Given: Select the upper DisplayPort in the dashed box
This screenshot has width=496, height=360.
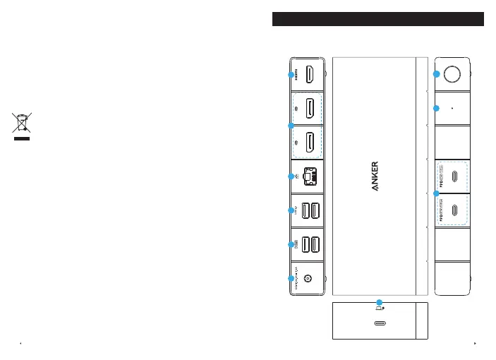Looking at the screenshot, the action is (x=310, y=108).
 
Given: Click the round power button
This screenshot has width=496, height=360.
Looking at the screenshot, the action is (x=452, y=73).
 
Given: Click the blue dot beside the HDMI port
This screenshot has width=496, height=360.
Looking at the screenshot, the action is (x=291, y=74).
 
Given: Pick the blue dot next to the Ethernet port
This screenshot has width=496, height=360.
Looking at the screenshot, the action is (x=291, y=176).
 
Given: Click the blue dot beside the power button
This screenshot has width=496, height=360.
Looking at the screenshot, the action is (x=437, y=73).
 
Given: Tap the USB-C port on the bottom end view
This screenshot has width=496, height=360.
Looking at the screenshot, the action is (x=380, y=324).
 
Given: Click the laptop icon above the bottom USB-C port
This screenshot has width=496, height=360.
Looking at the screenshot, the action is (x=380, y=308).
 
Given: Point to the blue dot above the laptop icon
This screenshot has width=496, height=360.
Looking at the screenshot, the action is (x=380, y=302).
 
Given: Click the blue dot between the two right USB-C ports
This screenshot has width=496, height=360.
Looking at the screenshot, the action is (x=437, y=193).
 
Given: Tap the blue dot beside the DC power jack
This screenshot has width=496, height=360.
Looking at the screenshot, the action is (x=291, y=279).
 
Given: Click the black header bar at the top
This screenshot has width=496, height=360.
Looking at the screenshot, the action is (x=377, y=19).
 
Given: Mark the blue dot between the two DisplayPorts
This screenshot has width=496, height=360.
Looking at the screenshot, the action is (x=291, y=125).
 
